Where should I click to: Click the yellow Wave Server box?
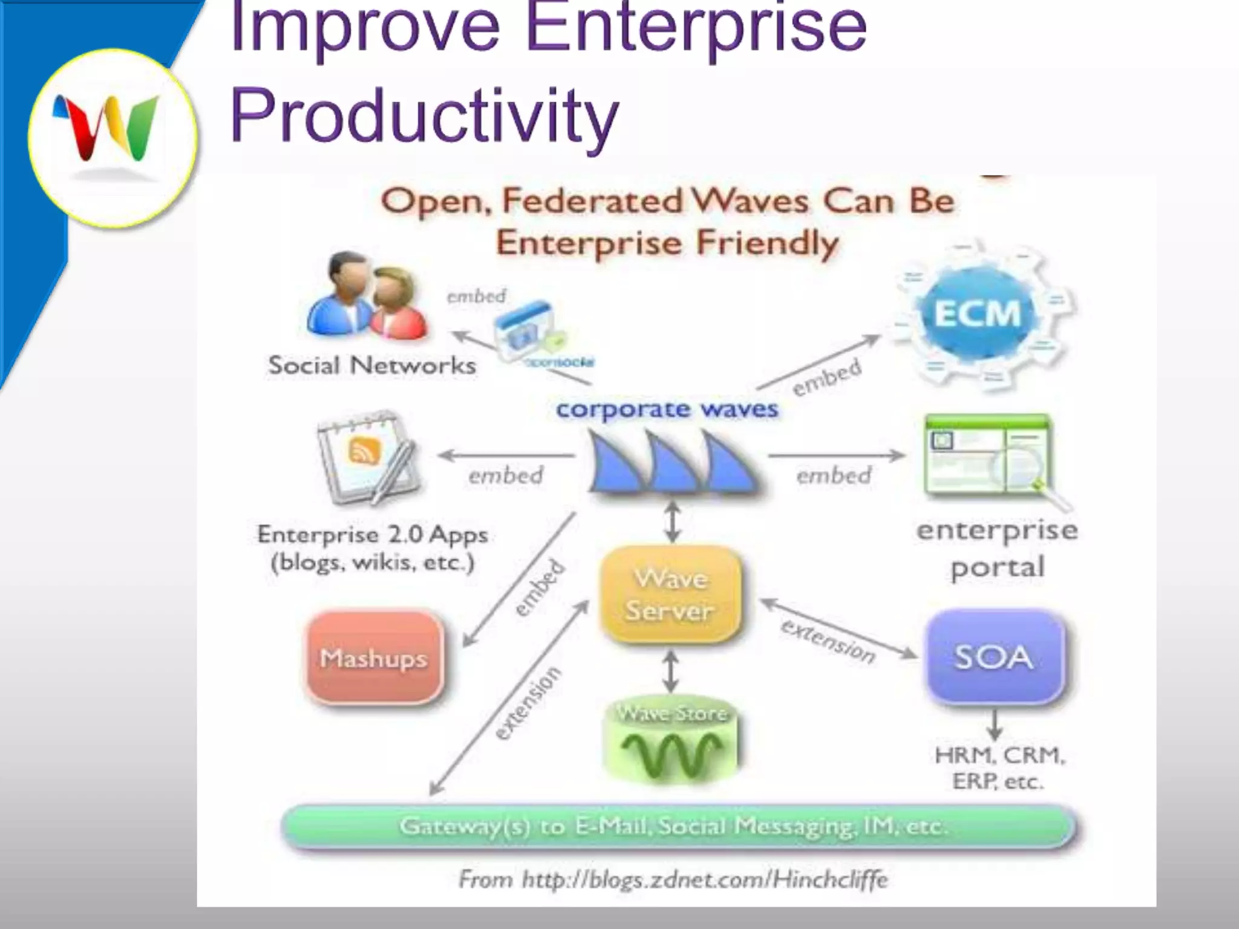[x=670, y=595]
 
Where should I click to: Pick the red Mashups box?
[x=374, y=657]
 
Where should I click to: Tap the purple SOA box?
[x=994, y=657]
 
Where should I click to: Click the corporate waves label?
[x=667, y=409]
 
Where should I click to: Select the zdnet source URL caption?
[x=673, y=879]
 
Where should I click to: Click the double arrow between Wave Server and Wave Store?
[x=670, y=671]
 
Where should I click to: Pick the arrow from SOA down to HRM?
[x=995, y=724]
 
